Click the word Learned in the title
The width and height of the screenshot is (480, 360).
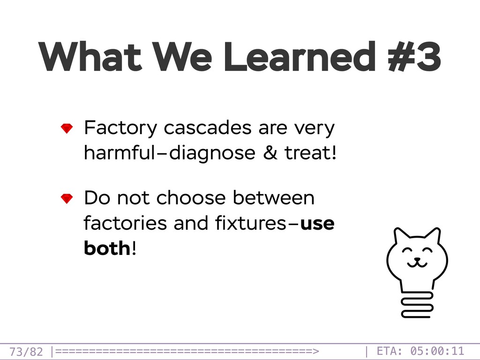[300, 57]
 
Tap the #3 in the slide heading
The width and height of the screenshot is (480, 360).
[414, 57]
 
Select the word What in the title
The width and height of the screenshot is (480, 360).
[90, 57]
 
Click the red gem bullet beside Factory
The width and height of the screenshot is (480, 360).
[67, 128]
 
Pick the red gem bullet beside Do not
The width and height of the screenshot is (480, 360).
[67, 198]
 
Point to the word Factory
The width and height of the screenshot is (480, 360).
[120, 128]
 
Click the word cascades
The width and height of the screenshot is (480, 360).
[208, 127]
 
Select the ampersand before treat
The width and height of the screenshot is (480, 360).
[270, 152]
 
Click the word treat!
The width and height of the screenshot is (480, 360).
[310, 152]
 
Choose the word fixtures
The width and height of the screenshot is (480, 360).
[251, 223]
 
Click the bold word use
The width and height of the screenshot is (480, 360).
[317, 224]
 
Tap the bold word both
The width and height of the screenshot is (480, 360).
[107, 247]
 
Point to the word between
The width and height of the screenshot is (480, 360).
[274, 197]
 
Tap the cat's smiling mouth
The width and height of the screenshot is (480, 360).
[417, 262]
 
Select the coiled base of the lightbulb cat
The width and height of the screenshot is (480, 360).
[417, 305]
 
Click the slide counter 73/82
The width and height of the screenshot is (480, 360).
[26, 352]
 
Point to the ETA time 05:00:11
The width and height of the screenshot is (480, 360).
[437, 351]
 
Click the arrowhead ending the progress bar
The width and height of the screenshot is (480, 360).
[316, 351]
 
